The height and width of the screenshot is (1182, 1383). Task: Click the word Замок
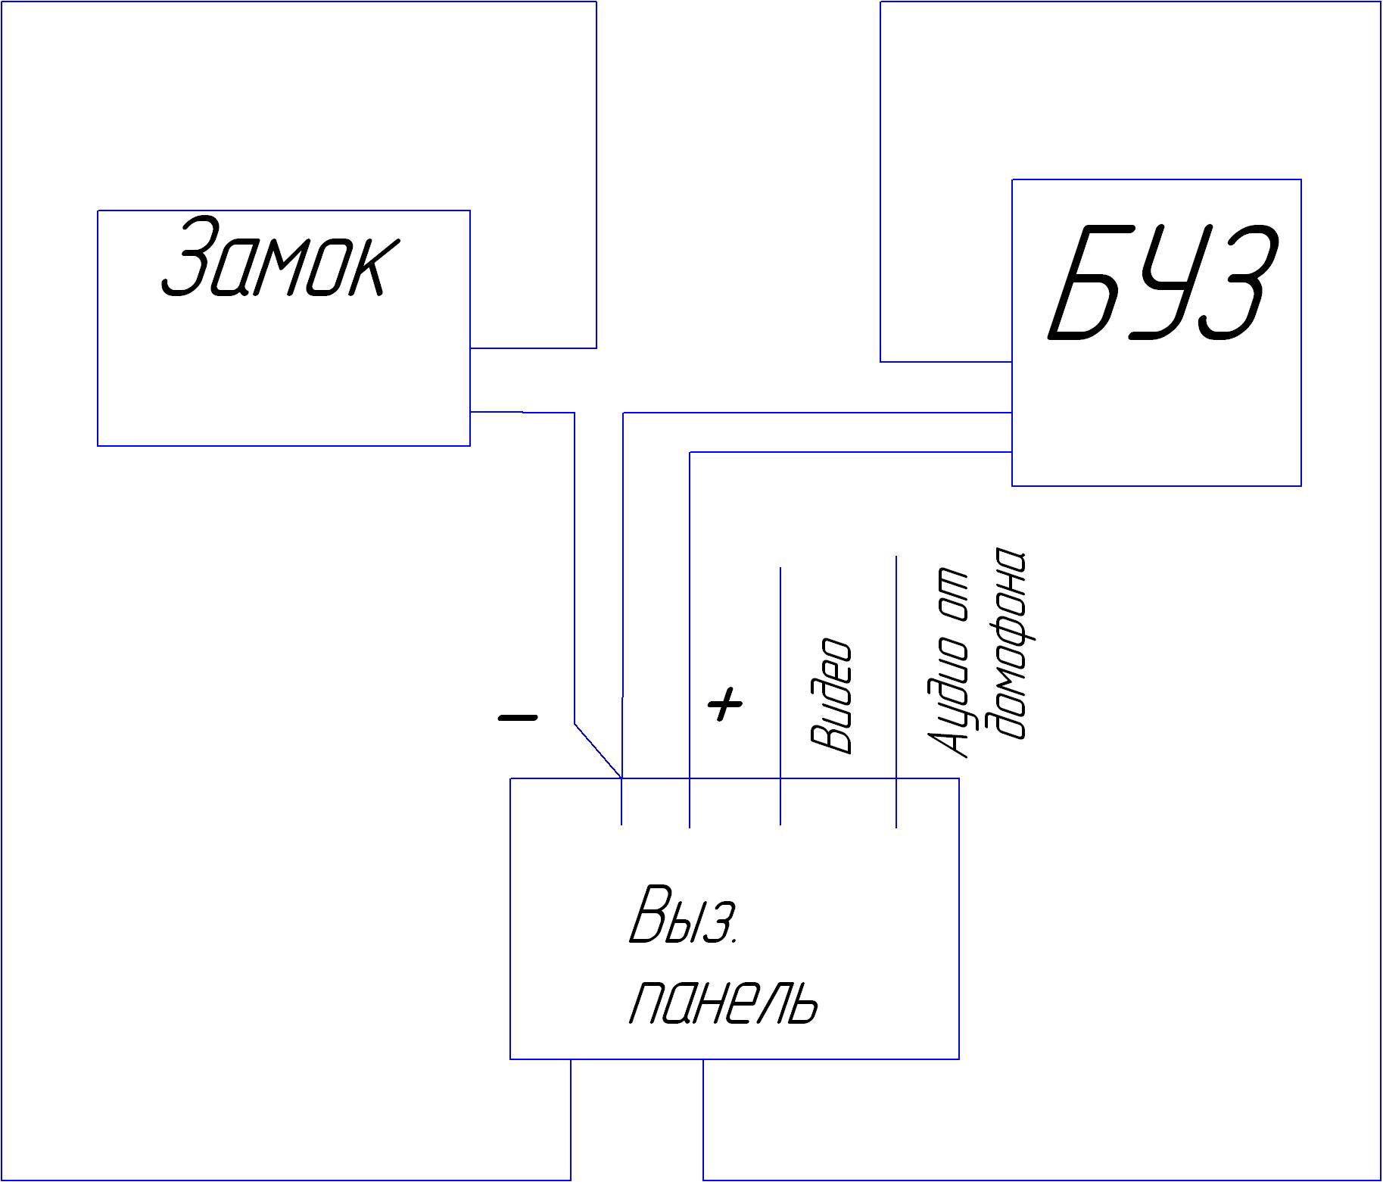[279, 257]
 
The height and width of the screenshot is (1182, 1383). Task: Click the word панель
[724, 1002]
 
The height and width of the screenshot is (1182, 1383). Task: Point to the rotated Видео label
[831, 696]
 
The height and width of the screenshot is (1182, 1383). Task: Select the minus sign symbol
[518, 716]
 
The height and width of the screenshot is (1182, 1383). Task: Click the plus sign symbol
[725, 705]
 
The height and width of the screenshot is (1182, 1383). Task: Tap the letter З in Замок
[186, 257]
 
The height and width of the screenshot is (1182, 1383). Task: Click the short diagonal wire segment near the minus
[598, 750]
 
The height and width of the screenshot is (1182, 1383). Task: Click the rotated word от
[948, 591]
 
